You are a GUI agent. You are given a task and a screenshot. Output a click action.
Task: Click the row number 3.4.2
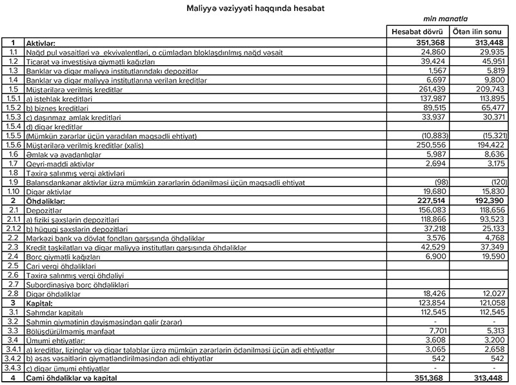click(12, 358)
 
